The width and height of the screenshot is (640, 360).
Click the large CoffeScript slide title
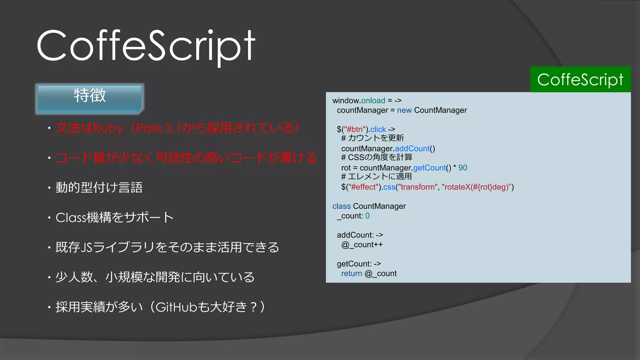146,46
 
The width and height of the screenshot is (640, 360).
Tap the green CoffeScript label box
580,79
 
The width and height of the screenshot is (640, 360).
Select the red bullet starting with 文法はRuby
177,128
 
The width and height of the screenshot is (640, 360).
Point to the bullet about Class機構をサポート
114,217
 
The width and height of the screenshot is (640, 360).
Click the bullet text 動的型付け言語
99,187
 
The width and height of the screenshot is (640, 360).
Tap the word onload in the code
373,101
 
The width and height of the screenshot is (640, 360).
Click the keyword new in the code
404,110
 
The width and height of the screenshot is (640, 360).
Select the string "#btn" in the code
355,129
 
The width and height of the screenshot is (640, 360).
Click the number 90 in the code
462,168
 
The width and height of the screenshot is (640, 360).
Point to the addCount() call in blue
412,149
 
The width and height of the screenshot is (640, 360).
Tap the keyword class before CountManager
341,206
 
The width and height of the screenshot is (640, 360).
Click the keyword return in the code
351,273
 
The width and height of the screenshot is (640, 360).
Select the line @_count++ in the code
362,245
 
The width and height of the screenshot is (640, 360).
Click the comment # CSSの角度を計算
377,157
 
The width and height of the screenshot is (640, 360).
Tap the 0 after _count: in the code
367,216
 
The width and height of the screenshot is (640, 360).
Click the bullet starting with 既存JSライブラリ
167,247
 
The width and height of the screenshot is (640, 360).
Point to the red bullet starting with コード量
186,158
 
